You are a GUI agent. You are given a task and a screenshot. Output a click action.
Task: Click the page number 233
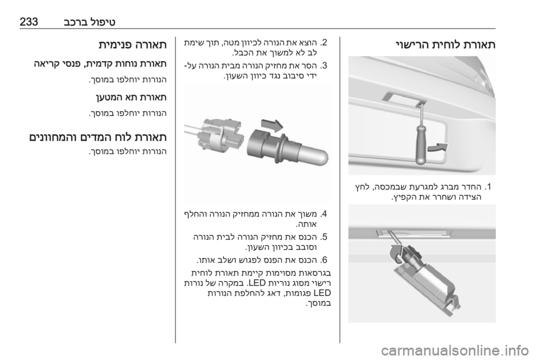pos(29,22)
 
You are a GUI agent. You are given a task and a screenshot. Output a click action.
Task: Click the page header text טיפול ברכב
pos(90,22)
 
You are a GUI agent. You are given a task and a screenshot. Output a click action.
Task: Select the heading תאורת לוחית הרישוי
pos(445,45)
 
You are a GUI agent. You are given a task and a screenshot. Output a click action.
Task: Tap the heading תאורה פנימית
pos(132,45)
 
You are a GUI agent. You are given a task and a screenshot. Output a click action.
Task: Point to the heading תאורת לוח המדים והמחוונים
pos(98,137)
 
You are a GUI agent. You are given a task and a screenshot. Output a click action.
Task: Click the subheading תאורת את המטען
pos(131,98)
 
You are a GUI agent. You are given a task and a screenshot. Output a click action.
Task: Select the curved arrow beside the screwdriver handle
pos(438,147)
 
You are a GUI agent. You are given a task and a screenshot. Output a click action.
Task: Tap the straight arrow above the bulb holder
pos(272,125)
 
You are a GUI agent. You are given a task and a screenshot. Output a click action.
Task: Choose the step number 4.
pos(323,214)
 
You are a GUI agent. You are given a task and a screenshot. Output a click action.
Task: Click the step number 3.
pos(323,65)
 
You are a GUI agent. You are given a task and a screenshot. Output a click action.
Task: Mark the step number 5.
pos(323,237)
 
